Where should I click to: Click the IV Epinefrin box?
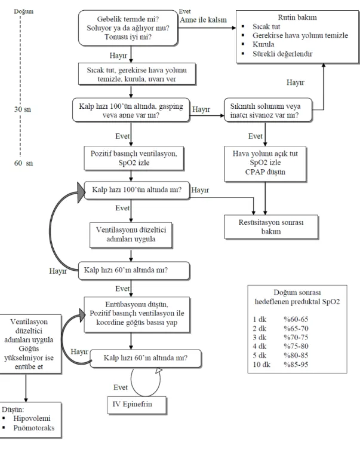137,405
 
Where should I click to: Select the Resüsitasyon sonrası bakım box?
271,227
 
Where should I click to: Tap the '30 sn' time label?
23,109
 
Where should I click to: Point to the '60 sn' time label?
23,163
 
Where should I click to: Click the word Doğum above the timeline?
24,11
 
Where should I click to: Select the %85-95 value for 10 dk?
296,365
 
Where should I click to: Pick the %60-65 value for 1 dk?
296,319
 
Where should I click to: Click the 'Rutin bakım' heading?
297,17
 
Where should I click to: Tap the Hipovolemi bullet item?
32,418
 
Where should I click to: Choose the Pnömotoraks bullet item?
34,428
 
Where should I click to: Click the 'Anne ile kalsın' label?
203,20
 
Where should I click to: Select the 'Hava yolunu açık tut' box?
265,164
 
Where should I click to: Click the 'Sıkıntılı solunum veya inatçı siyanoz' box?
268,110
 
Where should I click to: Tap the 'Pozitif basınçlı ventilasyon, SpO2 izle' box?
134,158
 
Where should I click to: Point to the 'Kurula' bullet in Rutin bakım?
263,44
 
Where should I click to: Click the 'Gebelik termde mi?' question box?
128,28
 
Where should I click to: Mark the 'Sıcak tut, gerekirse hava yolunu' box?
137,74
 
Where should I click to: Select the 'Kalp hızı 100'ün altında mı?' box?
137,190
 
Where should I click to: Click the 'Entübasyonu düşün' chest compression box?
137,314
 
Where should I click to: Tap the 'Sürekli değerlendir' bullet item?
282,54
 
